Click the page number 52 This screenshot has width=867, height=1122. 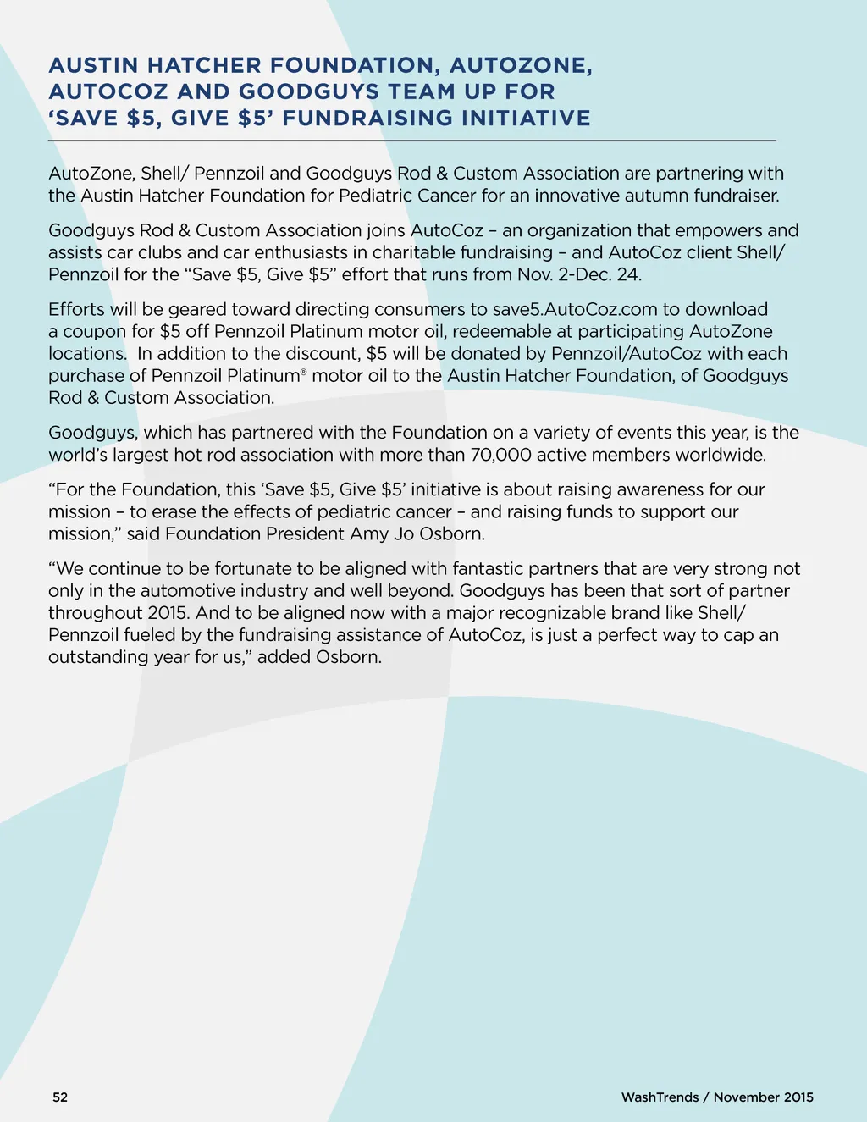point(60,1097)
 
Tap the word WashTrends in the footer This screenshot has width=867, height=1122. point(660,1097)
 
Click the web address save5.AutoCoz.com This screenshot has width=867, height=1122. point(575,309)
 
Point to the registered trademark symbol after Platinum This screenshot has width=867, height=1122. point(303,371)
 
